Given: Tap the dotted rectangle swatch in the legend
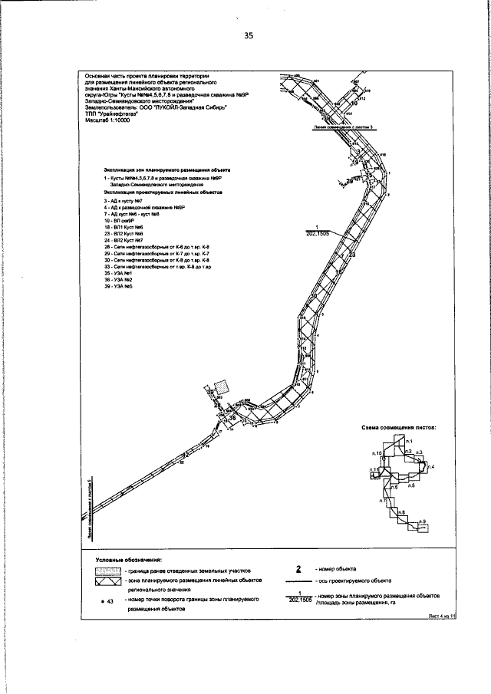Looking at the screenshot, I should point(106,572).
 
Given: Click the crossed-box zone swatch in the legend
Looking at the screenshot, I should point(106,583).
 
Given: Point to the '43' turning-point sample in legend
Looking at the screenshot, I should point(108,601).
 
